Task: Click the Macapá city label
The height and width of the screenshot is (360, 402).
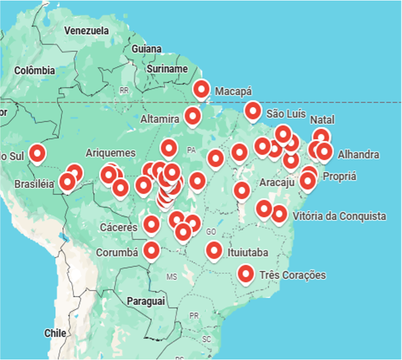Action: [233, 92]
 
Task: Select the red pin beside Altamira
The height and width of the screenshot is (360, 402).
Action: [193, 115]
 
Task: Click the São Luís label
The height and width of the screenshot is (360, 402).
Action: [286, 113]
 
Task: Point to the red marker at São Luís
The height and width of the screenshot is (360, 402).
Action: [253, 111]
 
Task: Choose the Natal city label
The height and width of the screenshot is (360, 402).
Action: [322, 120]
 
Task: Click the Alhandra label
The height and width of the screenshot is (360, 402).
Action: [358, 155]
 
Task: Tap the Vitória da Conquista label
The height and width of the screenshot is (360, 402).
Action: [339, 216]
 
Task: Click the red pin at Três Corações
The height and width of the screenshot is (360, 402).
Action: [245, 274]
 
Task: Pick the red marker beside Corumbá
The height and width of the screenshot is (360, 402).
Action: [152, 250]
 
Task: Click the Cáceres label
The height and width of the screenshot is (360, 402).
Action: [118, 227]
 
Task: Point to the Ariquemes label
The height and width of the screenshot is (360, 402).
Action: [111, 153]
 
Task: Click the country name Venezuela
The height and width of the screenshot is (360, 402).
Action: [86, 31]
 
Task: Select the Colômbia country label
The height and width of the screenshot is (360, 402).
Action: [34, 70]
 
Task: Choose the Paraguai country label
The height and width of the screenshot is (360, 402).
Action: [146, 301]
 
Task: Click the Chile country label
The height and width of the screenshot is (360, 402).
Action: [55, 333]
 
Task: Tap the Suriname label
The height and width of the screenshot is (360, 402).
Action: [167, 69]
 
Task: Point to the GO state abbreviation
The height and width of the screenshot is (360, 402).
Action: [211, 232]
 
